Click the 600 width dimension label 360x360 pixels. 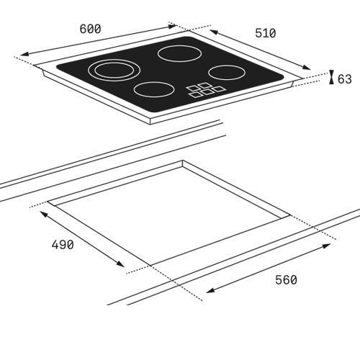coord(90,29)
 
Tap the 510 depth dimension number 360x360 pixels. coord(266,33)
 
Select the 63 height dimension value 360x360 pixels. coord(345,79)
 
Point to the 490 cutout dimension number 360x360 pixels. coord(63,245)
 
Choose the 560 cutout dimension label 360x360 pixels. coord(286,280)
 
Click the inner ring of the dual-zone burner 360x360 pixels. coord(95,71)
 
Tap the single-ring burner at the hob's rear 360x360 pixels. coord(179,53)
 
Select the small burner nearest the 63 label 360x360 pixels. coord(227,73)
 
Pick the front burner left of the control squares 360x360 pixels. coord(154,89)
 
